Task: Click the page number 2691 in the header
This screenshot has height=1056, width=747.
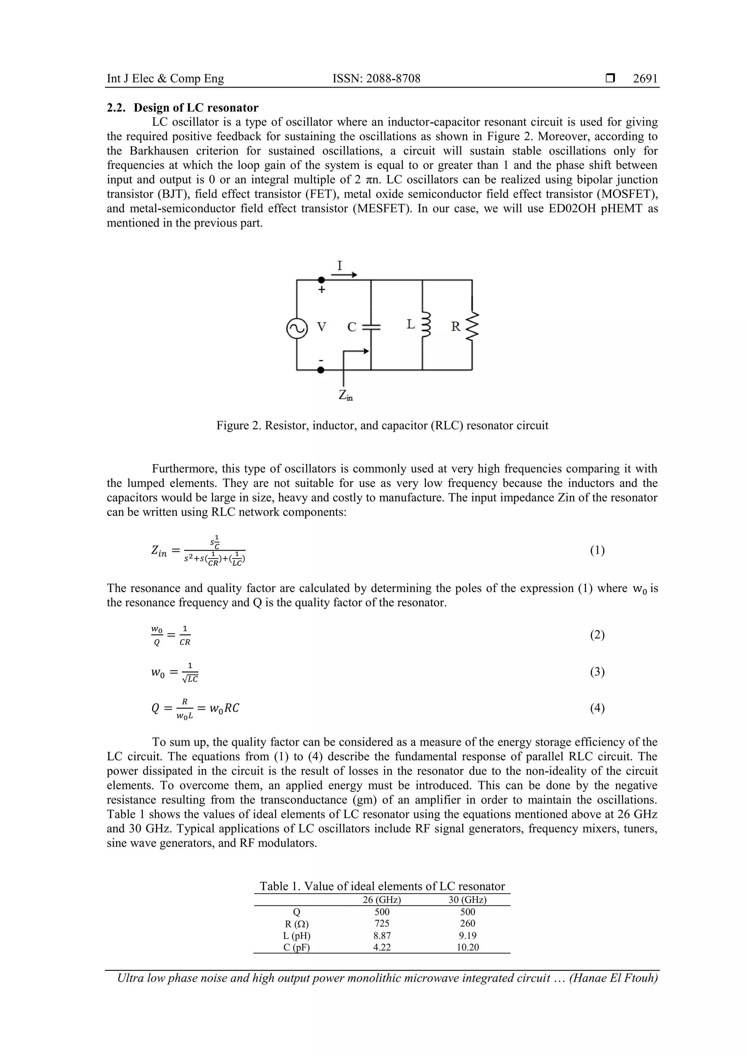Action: [x=645, y=79]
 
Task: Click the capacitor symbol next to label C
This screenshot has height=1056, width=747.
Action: [x=371, y=327]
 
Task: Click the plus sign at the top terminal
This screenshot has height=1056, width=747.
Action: [x=322, y=290]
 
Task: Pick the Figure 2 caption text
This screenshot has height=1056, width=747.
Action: [x=382, y=425]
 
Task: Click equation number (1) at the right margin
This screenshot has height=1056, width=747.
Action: [x=597, y=550]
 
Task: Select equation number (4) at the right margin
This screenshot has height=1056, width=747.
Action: [x=597, y=708]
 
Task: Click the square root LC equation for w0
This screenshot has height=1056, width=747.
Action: [x=175, y=673]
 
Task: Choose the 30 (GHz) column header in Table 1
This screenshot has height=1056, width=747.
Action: [x=467, y=900]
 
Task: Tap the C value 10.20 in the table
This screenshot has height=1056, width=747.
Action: [x=467, y=947]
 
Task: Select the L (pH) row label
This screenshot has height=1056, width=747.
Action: [x=297, y=935]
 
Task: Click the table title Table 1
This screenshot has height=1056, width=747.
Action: [x=382, y=886]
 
